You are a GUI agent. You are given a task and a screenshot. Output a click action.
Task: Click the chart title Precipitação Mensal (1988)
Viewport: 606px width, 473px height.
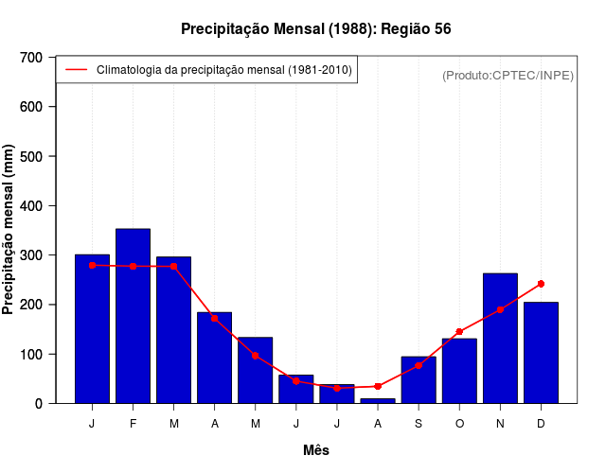(315, 29)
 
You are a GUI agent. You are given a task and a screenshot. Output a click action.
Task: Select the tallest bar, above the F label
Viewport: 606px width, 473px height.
(133, 316)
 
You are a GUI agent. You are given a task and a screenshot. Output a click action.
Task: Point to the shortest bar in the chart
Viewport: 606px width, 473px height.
(378, 400)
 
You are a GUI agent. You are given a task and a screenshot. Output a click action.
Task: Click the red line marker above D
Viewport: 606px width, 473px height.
(541, 284)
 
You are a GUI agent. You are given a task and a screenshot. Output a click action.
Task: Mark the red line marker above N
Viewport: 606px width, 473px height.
(500, 309)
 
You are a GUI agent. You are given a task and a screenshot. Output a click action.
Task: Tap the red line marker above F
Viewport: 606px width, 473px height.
(133, 266)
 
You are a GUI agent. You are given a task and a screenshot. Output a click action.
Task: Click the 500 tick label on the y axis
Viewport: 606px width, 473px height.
(31, 156)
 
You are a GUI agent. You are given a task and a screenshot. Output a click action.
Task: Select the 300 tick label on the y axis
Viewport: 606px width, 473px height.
(31, 255)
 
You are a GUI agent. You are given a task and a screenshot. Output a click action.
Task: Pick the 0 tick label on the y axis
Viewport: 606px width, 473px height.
(39, 404)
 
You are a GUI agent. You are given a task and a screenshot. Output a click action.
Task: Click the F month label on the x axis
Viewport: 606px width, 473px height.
(133, 424)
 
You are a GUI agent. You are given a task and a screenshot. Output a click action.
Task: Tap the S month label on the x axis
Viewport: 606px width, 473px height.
(419, 424)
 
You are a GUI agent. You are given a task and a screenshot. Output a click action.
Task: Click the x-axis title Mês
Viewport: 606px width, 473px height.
(315, 450)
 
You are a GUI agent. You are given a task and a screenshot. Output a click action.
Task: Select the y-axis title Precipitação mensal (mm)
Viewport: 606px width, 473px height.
(9, 230)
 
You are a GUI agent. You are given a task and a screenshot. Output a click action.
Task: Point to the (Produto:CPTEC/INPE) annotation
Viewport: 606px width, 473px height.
(508, 75)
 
